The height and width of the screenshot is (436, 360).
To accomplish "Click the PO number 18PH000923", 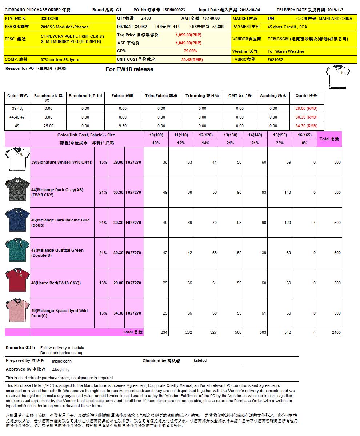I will click(x=174, y=10).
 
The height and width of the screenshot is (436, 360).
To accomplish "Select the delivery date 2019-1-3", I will click(x=335, y=10).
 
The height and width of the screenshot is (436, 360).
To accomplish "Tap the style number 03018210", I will click(x=49, y=18).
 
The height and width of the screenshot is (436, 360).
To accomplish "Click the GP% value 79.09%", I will click(x=190, y=51).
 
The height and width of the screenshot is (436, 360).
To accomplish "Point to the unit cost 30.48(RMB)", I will click(x=192, y=59).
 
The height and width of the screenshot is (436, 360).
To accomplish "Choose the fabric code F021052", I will click(x=275, y=59).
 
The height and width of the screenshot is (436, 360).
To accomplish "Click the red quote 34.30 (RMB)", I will click(x=306, y=126).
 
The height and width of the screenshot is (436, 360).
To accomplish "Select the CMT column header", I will click(x=240, y=96).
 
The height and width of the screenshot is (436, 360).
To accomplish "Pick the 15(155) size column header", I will click(x=280, y=135).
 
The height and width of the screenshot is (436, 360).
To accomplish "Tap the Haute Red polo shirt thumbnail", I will click(x=17, y=283).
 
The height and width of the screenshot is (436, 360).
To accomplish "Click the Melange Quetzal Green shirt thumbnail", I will click(x=17, y=253).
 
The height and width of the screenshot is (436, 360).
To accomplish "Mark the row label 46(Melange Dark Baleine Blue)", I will click(x=60, y=222).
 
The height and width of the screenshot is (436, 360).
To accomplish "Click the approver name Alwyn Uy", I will click(x=61, y=370).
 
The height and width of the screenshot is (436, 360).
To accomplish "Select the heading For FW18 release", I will click(x=129, y=69).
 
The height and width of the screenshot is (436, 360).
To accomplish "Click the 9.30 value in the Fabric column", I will click(x=123, y=126).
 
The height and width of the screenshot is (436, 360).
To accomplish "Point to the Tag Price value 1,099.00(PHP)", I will click(x=188, y=35).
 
